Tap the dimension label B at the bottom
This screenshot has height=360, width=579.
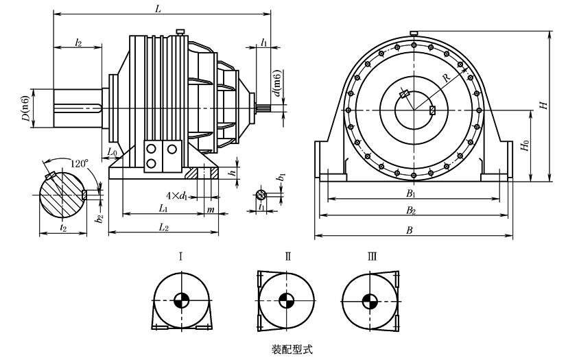[x=410, y=230]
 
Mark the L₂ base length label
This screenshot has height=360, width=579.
[x=164, y=226]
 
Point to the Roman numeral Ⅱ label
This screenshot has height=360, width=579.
[x=288, y=257]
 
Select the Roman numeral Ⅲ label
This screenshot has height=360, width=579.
[x=371, y=257]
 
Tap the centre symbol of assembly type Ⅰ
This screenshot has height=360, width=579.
[x=181, y=300]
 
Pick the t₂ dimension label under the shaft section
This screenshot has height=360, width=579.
[x=63, y=226]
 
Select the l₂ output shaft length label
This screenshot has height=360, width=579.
[x=78, y=43]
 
